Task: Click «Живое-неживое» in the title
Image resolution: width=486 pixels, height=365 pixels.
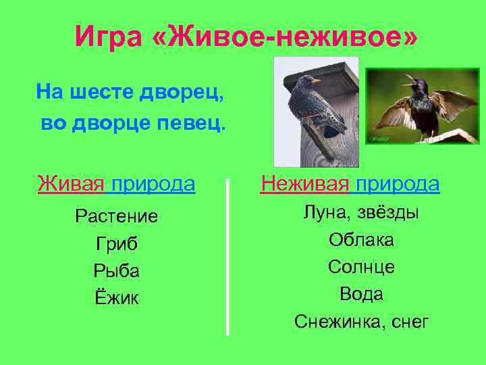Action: [286, 36]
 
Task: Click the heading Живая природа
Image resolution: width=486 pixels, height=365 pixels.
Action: [117, 183]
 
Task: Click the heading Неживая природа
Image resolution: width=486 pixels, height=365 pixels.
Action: [350, 183]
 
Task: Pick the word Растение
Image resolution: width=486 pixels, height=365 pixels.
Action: [117, 216]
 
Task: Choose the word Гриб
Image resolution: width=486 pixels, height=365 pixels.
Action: [117, 243]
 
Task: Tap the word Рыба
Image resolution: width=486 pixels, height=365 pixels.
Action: [117, 270]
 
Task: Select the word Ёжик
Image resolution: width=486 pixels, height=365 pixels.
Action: [117, 297]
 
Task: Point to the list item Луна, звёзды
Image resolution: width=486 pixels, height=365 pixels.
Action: [361, 212]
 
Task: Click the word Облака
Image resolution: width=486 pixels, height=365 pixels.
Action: [361, 240]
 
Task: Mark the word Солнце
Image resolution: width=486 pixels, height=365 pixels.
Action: [361, 267]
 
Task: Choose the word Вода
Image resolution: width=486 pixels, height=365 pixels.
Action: [361, 294]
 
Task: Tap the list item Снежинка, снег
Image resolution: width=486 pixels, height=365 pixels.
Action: [361, 322]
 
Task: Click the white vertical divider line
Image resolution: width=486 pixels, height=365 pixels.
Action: [227, 257]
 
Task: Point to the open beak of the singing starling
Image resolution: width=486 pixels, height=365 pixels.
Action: [406, 84]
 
